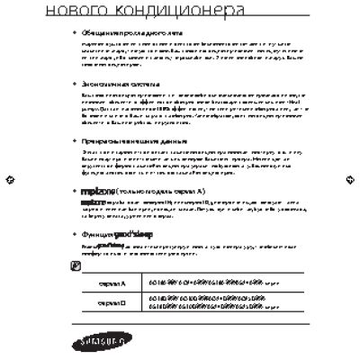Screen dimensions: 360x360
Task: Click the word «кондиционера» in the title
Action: pos(181,11)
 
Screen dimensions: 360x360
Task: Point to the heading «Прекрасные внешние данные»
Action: pos(121,141)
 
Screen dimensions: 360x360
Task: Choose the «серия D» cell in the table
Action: pos(112,304)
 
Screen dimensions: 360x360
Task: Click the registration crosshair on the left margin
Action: pos(8,179)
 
